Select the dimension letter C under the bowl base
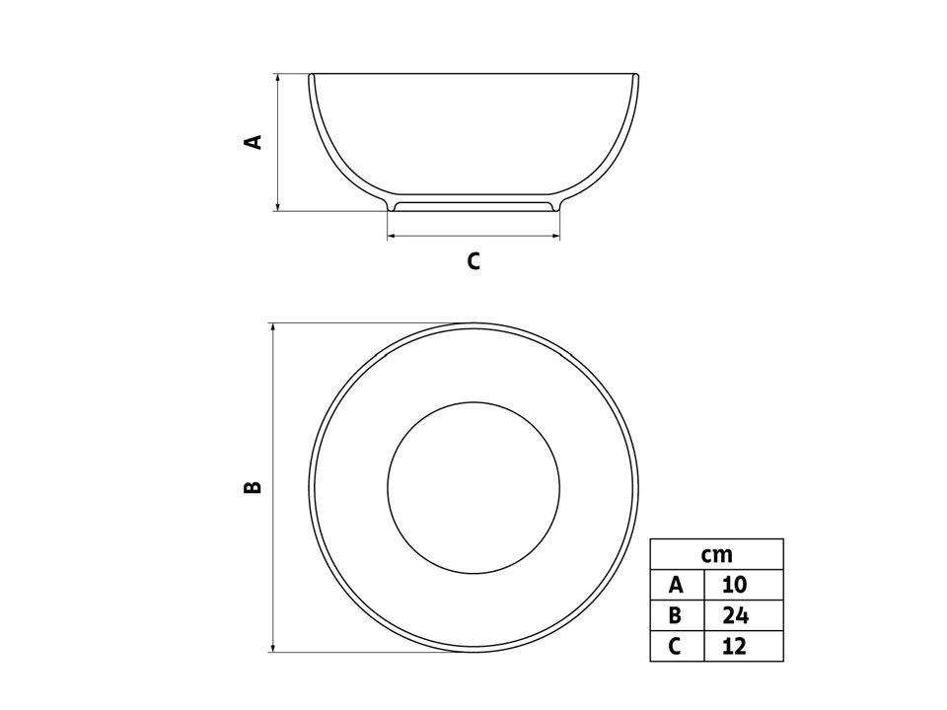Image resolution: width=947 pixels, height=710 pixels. click(x=473, y=260)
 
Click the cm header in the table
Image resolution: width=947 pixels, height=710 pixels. click(x=717, y=554)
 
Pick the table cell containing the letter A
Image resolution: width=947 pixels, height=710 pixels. click(x=677, y=585)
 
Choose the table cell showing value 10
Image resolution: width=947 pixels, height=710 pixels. click(x=744, y=585)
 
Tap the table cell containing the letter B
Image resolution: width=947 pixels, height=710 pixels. click(x=677, y=615)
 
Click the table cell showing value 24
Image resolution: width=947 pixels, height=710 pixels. click(x=744, y=615)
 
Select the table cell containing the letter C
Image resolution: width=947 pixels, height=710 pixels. click(x=677, y=646)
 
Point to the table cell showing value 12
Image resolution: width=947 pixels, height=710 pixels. click(x=744, y=646)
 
